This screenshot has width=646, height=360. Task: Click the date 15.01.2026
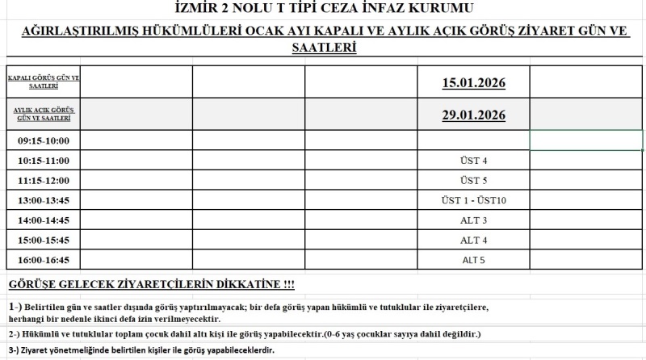[x=473, y=82]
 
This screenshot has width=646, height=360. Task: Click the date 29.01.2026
[x=473, y=115]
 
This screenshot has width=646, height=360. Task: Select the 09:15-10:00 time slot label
[x=44, y=140]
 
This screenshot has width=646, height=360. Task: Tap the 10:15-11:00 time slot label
[x=44, y=161]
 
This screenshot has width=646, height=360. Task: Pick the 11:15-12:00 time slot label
[x=44, y=180]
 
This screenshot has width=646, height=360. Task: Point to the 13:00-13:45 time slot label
[x=44, y=200]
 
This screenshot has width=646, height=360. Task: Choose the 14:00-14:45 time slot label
[x=44, y=220]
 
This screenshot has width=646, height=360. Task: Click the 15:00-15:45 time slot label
[x=44, y=241]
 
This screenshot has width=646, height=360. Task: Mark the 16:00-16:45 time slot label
[x=44, y=260]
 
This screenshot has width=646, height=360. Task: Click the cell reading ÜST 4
[x=473, y=161]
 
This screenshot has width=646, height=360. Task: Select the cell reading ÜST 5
[x=473, y=180]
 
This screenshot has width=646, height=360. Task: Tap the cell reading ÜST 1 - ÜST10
[x=473, y=200]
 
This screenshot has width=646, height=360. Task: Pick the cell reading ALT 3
[x=473, y=220]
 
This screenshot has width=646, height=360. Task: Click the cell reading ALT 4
[x=473, y=241]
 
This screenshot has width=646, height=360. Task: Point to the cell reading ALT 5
[x=473, y=260]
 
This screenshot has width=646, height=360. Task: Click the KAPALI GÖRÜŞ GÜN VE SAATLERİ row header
[x=44, y=82]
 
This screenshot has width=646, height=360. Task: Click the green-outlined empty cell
[x=586, y=140]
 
